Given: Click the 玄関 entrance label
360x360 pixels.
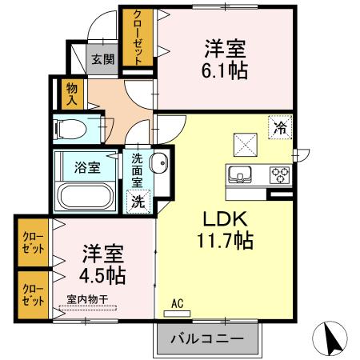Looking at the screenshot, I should pyautogui.click(x=101, y=58).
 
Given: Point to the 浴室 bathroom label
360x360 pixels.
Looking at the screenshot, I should pyautogui.click(x=87, y=167).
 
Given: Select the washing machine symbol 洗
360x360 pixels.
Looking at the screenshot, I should pyautogui.click(x=138, y=201).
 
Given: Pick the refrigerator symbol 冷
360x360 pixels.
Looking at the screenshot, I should pyautogui.click(x=280, y=127).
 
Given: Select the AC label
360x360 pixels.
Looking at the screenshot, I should pyautogui.click(x=178, y=304).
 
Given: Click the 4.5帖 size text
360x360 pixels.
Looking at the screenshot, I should pyautogui.click(x=102, y=276).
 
